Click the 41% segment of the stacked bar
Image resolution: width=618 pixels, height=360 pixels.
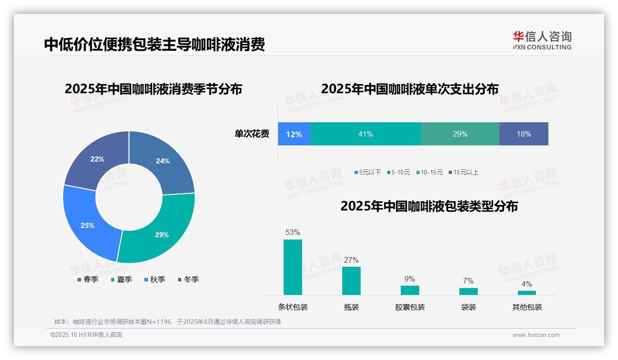coord(365,134)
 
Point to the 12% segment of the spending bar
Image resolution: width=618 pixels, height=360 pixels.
coord(294,134)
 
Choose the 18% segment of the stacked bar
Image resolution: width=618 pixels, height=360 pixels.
coord(523,134)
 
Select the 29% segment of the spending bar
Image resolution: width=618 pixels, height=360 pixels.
coord(460,134)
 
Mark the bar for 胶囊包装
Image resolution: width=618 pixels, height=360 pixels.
coord(410,290)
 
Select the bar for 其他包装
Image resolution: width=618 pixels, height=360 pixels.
coord(527,293)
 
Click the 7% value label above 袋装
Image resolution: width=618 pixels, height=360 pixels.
coord(468,281)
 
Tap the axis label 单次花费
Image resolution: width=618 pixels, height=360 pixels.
coord(252,134)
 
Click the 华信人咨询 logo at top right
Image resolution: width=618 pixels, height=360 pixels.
coord(542,40)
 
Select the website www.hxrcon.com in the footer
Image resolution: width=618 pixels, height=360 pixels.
coord(536,335)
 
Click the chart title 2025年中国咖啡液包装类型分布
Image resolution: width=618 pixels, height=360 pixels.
coord(429,206)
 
